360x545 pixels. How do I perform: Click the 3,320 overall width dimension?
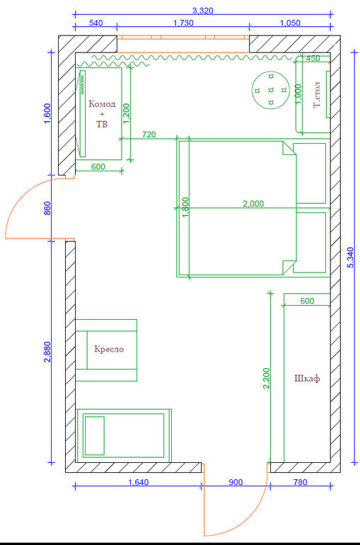click(203, 11)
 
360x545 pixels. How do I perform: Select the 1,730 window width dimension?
click(183, 23)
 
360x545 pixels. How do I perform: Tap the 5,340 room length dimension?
click(350, 257)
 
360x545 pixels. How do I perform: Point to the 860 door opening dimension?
click(47, 208)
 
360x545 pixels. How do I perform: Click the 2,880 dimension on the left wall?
click(47, 352)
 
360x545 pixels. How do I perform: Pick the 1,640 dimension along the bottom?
click(139, 482)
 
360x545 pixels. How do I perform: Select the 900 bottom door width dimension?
click(236, 482)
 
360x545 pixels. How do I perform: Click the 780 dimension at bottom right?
click(301, 482)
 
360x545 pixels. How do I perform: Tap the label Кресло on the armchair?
click(109, 349)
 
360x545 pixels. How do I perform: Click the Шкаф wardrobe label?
click(307, 379)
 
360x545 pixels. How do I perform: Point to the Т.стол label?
click(317, 95)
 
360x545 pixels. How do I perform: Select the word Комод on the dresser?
click(102, 104)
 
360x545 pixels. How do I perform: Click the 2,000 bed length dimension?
click(253, 204)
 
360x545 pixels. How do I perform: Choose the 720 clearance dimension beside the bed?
click(149, 134)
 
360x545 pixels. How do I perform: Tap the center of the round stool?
click(271, 90)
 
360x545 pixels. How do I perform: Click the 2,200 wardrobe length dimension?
click(266, 378)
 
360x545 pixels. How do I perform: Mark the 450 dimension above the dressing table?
click(313, 58)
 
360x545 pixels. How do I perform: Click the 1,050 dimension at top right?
click(290, 23)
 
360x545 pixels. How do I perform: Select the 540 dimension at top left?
click(95, 23)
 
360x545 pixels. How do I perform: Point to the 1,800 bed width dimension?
click(185, 207)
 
